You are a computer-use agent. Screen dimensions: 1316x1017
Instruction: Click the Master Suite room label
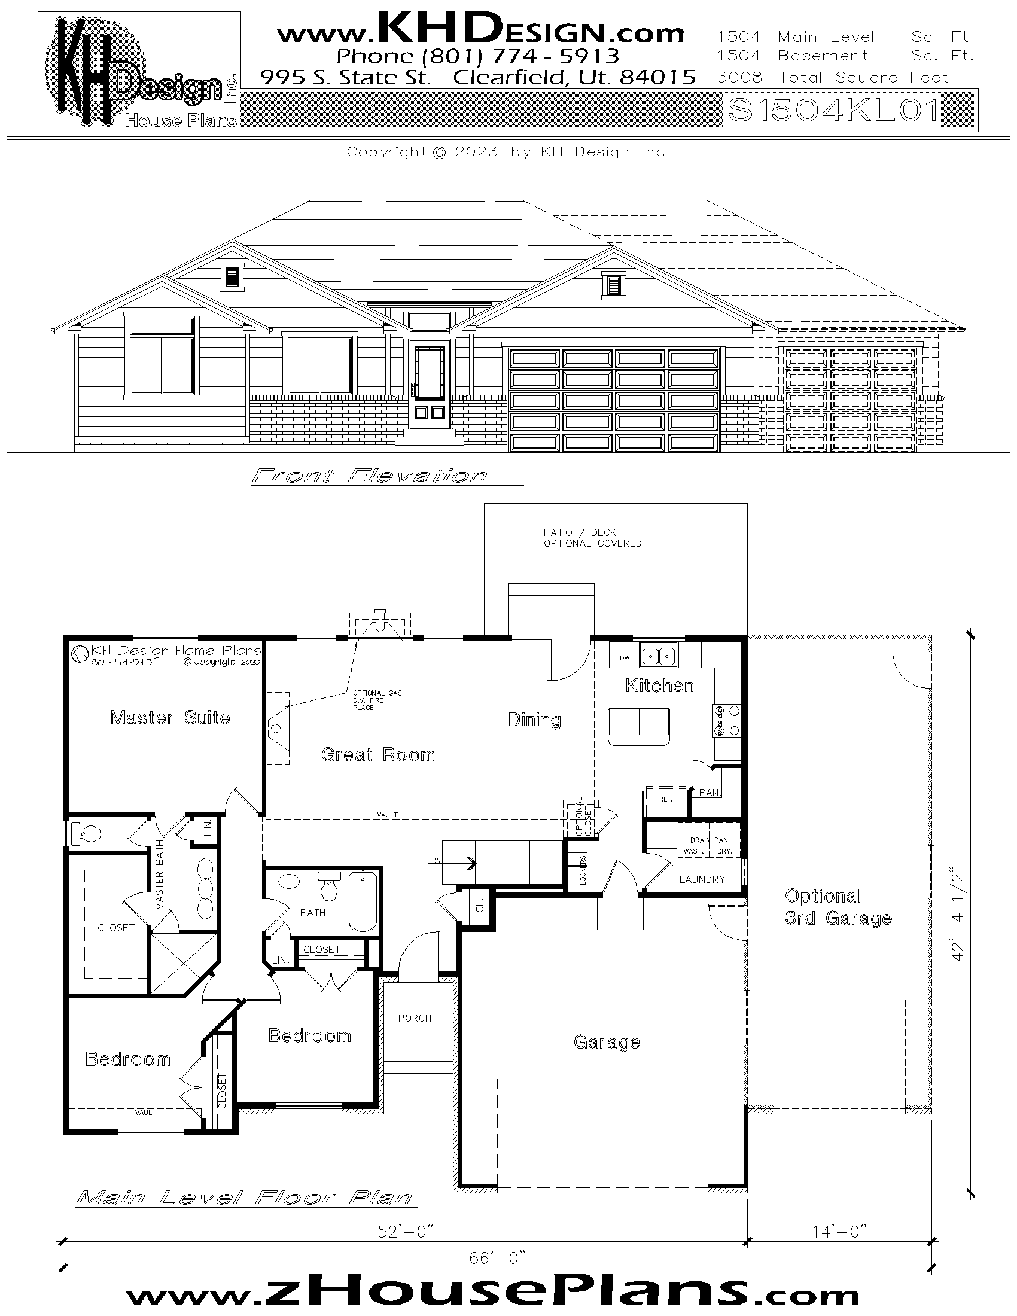pyautogui.click(x=170, y=717)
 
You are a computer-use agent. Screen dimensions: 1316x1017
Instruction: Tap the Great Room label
pyautogui.click(x=377, y=754)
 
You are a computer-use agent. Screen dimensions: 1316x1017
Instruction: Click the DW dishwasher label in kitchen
pyautogui.click(x=625, y=658)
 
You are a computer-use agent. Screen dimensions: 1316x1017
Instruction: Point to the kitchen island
pyautogui.click(x=639, y=726)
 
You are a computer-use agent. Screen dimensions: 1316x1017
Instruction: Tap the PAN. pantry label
pyautogui.click(x=710, y=793)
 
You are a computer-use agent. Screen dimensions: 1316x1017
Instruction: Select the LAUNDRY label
pyautogui.click(x=702, y=879)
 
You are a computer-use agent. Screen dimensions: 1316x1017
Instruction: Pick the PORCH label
pyautogui.click(x=415, y=1018)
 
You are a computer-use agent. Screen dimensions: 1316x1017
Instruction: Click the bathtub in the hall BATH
pyautogui.click(x=363, y=901)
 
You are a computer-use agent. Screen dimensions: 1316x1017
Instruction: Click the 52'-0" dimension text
pyautogui.click(x=405, y=1232)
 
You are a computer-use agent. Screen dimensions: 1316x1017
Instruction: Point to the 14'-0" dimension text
pyautogui.click(x=839, y=1231)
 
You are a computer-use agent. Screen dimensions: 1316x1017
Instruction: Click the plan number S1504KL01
pyautogui.click(x=833, y=110)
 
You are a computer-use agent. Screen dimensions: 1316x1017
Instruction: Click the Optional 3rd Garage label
pyautogui.click(x=838, y=907)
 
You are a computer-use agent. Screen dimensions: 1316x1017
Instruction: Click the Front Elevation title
pyautogui.click(x=369, y=476)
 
